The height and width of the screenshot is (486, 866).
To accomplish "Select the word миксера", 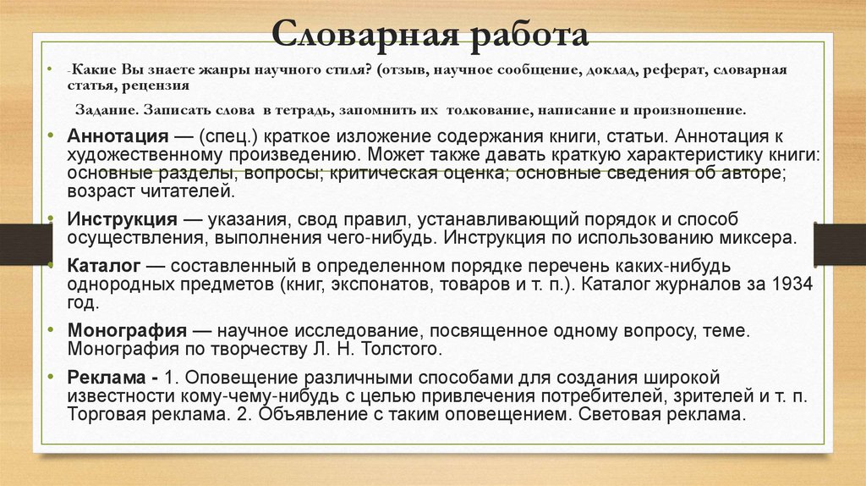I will [766, 237].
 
